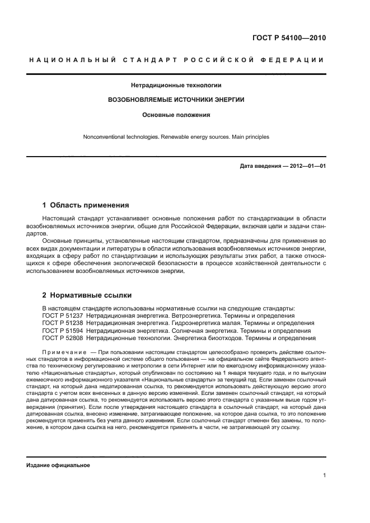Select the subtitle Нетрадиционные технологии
176,86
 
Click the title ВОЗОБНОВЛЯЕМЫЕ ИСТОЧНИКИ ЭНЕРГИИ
176,100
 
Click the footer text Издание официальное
58,465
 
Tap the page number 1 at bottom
325,476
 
